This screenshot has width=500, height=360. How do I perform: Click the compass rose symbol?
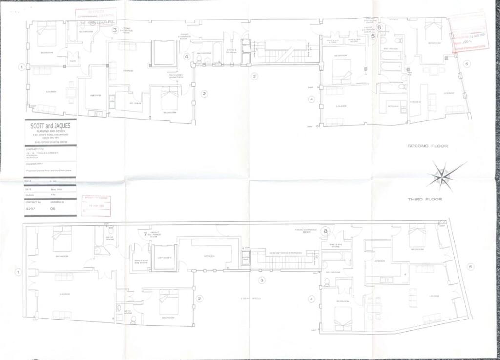click(445, 176)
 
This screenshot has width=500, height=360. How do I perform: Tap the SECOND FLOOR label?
click(428, 146)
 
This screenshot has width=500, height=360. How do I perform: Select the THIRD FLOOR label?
click(425, 199)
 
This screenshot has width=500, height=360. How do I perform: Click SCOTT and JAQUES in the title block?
click(50, 126)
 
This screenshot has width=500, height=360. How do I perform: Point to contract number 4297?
click(32, 208)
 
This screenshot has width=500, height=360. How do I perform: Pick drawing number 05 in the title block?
click(52, 208)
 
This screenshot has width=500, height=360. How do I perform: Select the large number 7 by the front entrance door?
click(145, 234)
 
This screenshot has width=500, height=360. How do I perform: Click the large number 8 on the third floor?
click(326, 231)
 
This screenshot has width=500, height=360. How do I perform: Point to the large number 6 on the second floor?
click(379, 28)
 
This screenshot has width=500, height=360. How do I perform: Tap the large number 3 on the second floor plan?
click(115, 30)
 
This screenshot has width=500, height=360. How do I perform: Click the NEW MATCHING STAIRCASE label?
click(285, 253)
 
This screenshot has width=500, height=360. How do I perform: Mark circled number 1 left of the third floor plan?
click(19, 272)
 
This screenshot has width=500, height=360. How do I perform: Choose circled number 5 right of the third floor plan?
click(470, 266)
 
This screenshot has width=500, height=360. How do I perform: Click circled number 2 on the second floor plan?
click(205, 94)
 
